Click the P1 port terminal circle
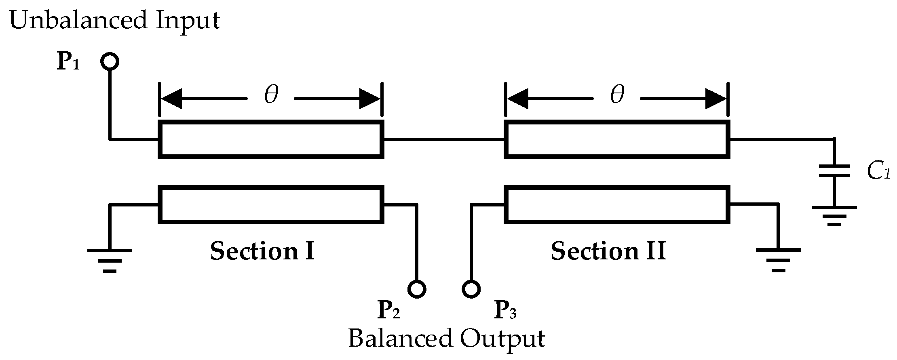[x=109, y=62]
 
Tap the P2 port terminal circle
[x=417, y=289]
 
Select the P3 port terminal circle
[x=471, y=289]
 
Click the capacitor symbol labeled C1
[x=834, y=171]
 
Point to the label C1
[x=878, y=172]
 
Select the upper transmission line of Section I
[x=271, y=139]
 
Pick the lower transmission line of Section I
[x=271, y=204]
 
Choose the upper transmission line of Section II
[x=617, y=139]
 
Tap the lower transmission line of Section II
[x=617, y=204]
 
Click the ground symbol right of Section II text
[x=778, y=259]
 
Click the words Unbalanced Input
[x=114, y=20]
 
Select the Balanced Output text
[x=446, y=339]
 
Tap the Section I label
[x=262, y=251]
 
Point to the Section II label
[x=608, y=251]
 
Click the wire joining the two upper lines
[x=444, y=139]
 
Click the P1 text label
[x=68, y=62]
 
